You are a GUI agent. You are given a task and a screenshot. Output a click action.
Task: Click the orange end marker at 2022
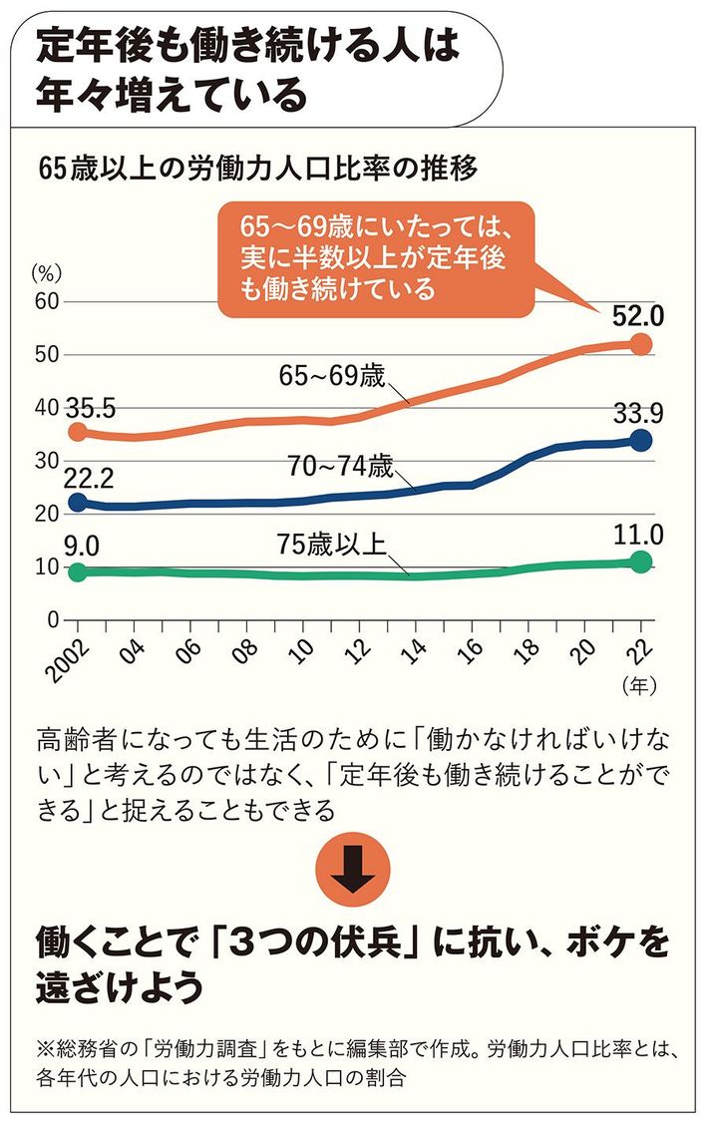640,344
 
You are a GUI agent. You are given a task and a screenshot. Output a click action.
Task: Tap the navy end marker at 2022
640,440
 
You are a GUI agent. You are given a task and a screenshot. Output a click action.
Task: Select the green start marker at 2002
76,572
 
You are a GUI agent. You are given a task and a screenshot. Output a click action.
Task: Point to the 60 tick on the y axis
44,301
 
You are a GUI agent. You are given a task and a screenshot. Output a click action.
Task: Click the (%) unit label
46,270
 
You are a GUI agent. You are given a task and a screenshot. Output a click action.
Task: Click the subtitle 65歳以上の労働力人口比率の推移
256,169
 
